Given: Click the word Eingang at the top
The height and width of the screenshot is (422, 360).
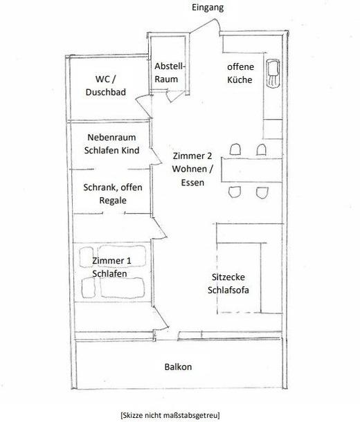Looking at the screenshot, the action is pyautogui.click(x=208, y=8).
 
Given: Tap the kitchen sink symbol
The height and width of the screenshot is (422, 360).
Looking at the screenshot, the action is pyautogui.click(x=273, y=73).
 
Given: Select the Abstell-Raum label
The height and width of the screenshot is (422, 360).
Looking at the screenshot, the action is pyautogui.click(x=170, y=73).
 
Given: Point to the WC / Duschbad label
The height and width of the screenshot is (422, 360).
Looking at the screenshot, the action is pyautogui.click(x=105, y=86).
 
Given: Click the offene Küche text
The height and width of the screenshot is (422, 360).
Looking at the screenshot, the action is pyautogui.click(x=240, y=73).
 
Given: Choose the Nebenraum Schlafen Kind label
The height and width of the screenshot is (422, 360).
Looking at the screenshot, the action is pyautogui.click(x=111, y=144).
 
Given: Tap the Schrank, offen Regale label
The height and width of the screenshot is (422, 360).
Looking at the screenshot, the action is pyautogui.click(x=113, y=194).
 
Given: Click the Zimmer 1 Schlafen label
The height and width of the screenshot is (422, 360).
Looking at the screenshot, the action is pyautogui.click(x=111, y=267).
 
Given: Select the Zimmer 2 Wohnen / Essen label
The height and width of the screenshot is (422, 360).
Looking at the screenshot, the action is pyautogui.click(x=192, y=169).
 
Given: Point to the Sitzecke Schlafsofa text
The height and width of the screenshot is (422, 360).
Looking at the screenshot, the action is pyautogui.click(x=228, y=284).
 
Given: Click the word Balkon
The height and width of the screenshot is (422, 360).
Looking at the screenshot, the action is pyautogui.click(x=178, y=367).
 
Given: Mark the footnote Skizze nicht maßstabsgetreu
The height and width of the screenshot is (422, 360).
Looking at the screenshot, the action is pyautogui.click(x=170, y=414).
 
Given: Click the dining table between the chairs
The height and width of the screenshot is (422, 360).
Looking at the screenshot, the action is pyautogui.click(x=252, y=170).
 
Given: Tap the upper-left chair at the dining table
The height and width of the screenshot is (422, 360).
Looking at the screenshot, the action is pyautogui.click(x=235, y=149).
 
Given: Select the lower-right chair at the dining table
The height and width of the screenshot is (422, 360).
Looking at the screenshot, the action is pyautogui.click(x=262, y=193).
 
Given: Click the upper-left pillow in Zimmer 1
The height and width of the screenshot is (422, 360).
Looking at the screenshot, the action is pyautogui.click(x=87, y=257).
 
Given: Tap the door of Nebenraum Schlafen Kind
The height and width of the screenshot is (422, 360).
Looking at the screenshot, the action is pyautogui.click(x=156, y=156).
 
